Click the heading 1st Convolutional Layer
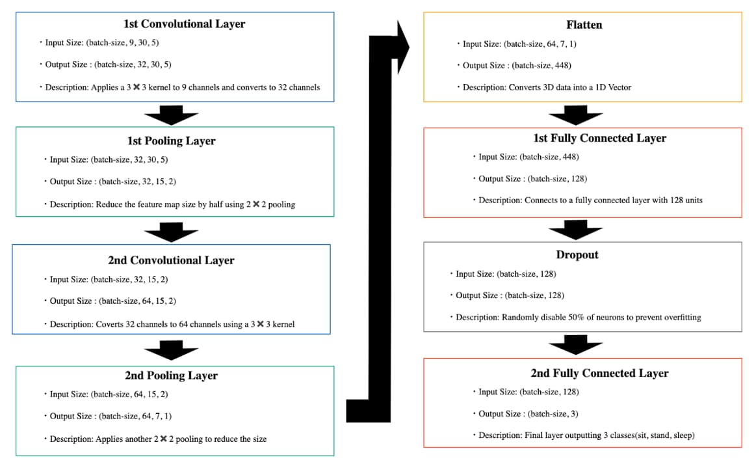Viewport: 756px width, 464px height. point(184,23)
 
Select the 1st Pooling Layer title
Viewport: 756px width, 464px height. point(171,141)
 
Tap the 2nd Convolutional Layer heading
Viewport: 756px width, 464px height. point(171,260)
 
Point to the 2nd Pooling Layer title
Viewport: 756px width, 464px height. point(171,375)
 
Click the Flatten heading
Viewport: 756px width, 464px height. point(584,25)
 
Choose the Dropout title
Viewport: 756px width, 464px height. point(577,254)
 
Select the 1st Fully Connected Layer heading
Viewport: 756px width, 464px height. point(600,138)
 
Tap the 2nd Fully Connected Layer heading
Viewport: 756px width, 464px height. point(600,373)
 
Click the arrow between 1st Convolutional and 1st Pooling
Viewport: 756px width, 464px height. point(171,115)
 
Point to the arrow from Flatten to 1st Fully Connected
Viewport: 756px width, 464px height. point(576,115)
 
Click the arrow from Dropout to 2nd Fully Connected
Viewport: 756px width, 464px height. point(576,345)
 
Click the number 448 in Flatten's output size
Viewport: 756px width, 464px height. point(562,65)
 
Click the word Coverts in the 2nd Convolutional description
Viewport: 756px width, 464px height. point(109,324)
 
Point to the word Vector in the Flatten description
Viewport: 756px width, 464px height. point(619,87)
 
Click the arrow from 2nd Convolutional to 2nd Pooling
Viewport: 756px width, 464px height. point(171,350)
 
